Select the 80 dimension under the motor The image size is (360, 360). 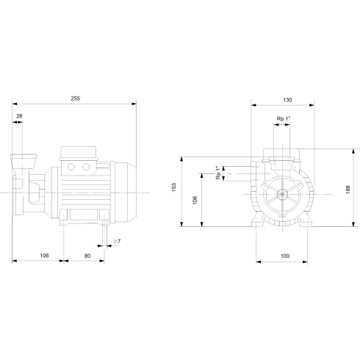tap(87, 256)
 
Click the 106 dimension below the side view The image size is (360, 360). tap(43, 256)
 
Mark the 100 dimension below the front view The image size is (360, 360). tap(285, 256)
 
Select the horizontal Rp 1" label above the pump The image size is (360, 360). tap(284, 119)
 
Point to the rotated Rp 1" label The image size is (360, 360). tap(217, 172)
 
